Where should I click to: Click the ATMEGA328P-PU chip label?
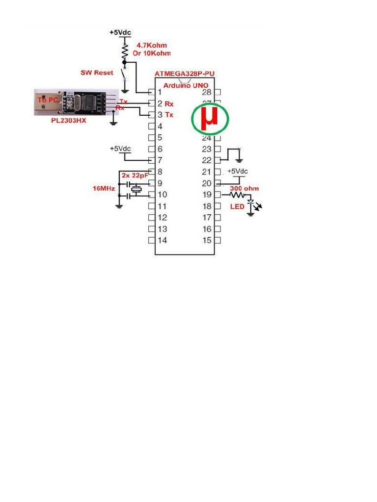185,74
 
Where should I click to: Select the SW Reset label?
97,73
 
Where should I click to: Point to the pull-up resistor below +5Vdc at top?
125,50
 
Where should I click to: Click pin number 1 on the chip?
160,92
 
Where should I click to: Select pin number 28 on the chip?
207,92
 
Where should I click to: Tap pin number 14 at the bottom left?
162,240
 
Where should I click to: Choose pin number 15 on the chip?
207,240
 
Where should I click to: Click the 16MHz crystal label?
104,188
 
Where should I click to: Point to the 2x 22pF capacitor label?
135,175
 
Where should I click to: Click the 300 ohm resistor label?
244,188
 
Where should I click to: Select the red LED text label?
237,206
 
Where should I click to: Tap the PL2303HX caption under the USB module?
69,120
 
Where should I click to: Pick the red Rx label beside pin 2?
169,104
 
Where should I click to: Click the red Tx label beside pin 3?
169,115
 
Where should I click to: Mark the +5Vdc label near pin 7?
120,149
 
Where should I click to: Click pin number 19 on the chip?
207,195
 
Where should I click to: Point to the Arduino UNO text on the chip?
186,85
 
